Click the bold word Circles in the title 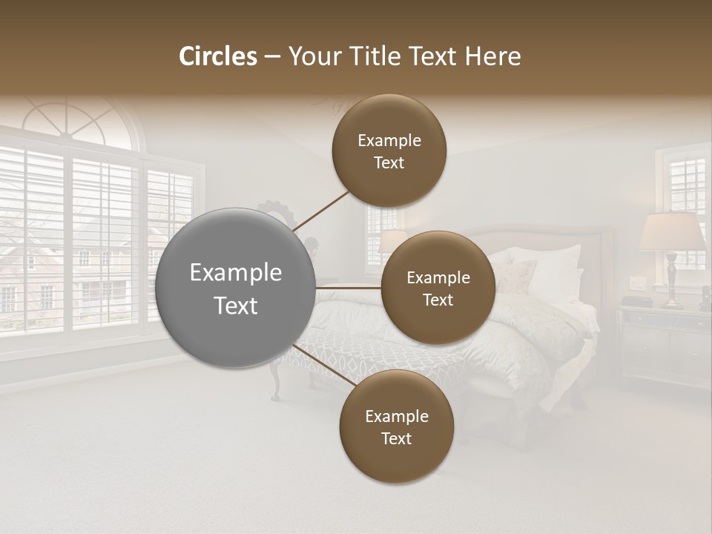point(218,56)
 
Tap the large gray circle point(235,288)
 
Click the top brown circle point(389,151)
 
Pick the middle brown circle point(438,288)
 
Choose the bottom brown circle point(396,426)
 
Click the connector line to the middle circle point(349,287)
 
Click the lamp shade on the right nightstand point(672,231)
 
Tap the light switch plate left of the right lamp point(637,283)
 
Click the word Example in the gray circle point(235,273)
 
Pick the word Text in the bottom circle point(396,438)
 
